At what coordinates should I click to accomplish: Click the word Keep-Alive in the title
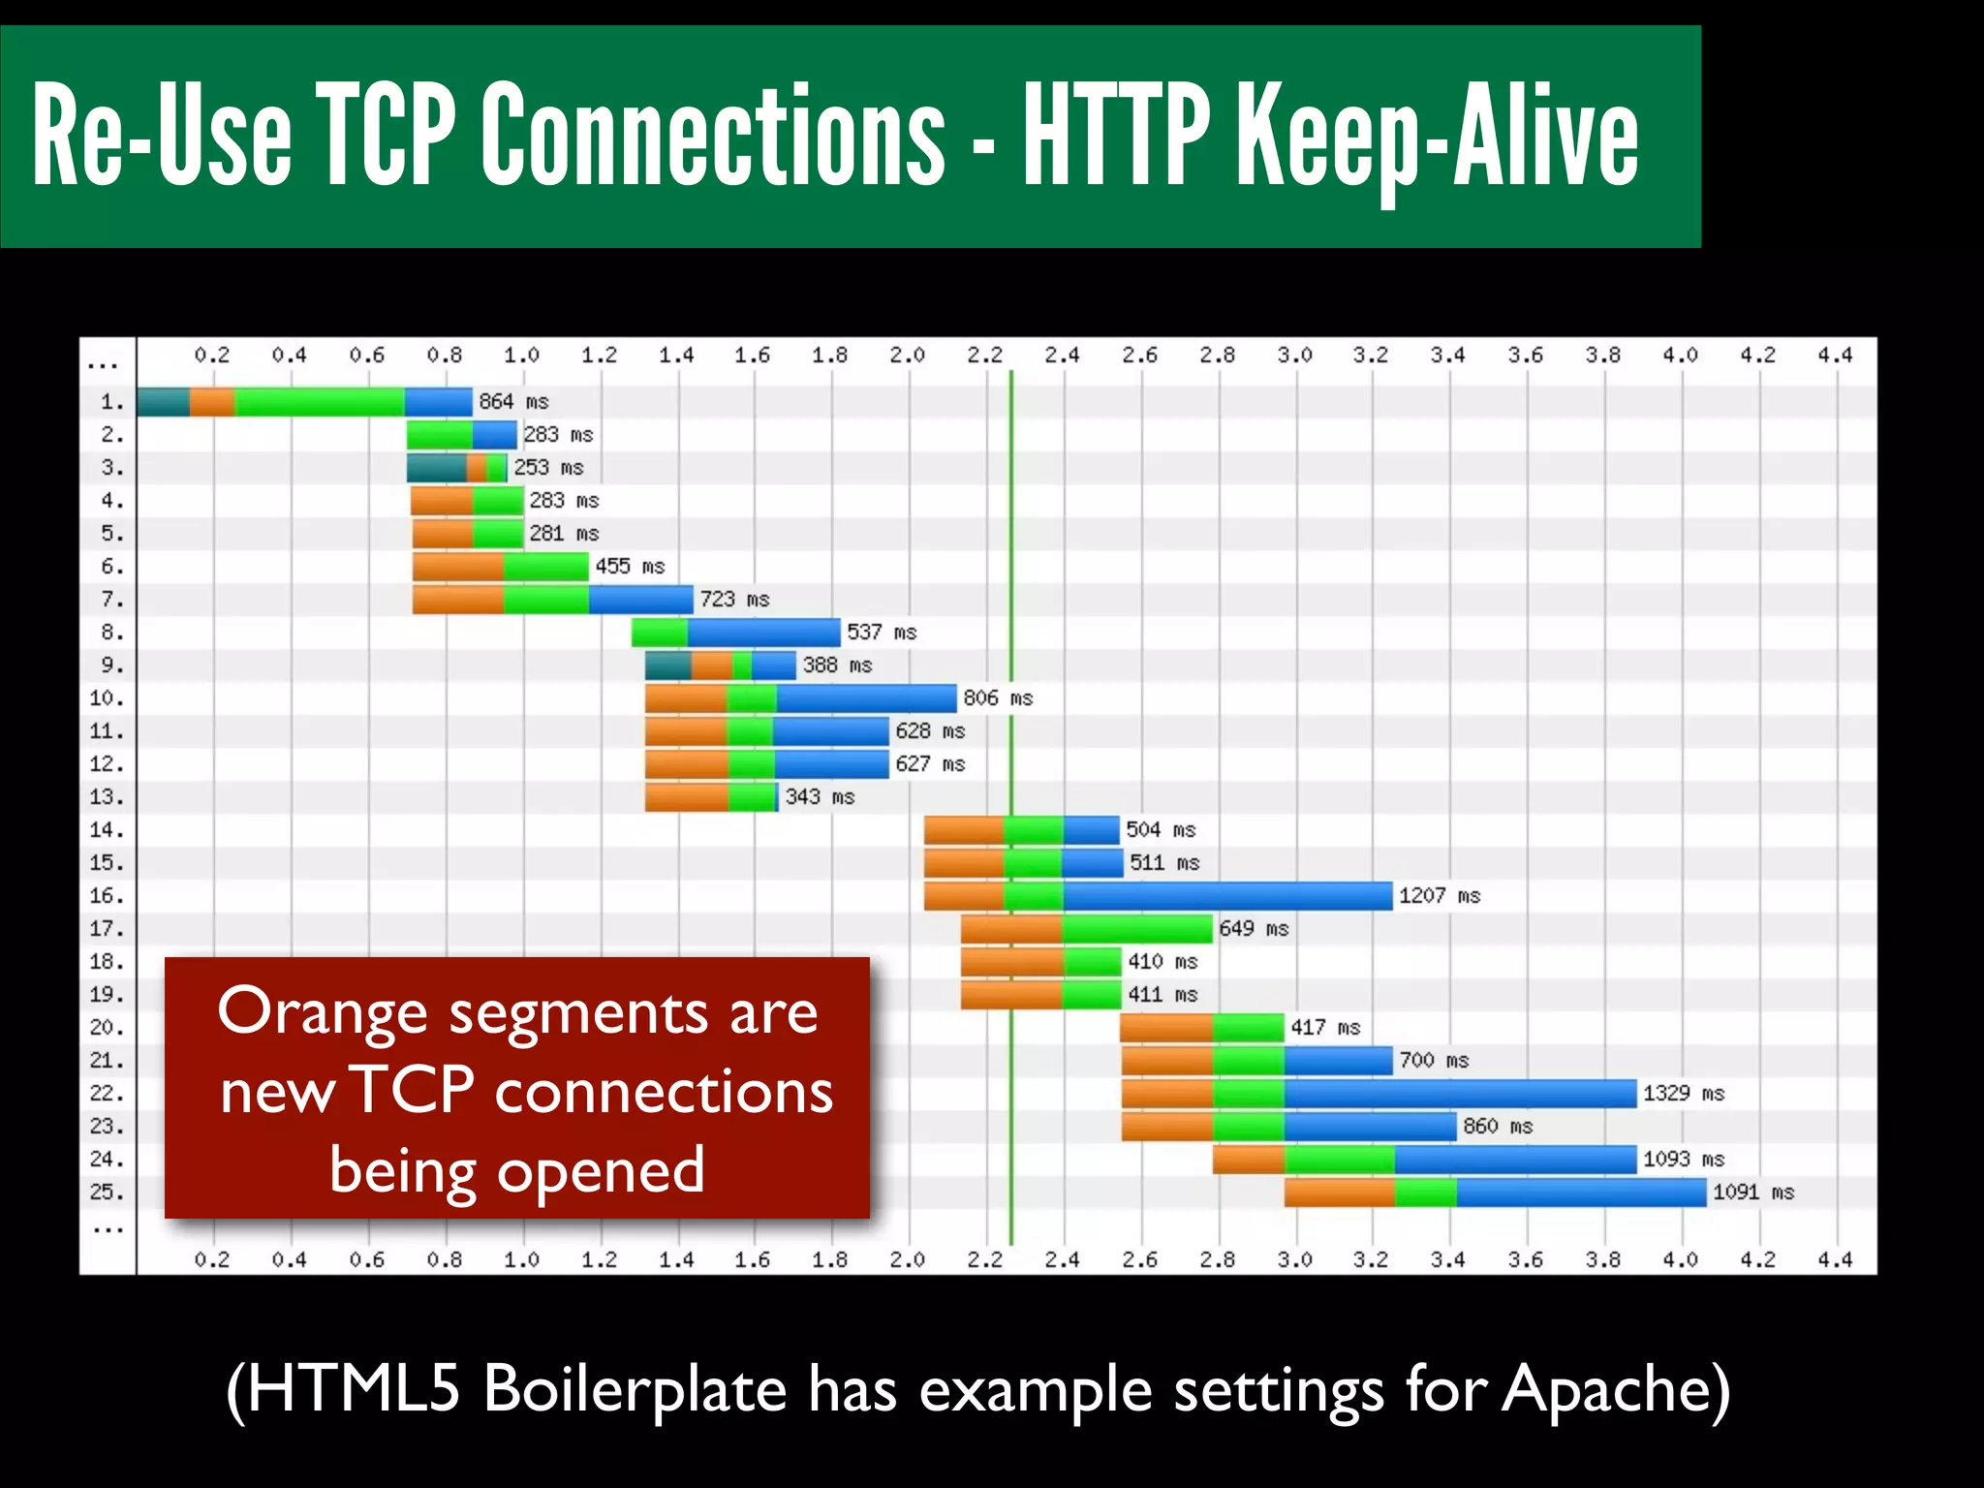coord(1439,136)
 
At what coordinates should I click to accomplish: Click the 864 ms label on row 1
coord(513,401)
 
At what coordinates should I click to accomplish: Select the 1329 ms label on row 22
coord(1684,1093)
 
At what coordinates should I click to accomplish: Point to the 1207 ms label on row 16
coord(1440,895)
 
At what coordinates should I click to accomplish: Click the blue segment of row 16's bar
coord(1227,895)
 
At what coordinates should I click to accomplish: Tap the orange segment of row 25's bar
coord(1339,1192)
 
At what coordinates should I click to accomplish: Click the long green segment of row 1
coord(320,401)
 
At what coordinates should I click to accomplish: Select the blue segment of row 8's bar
coord(763,632)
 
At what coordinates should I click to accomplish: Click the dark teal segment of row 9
coord(668,665)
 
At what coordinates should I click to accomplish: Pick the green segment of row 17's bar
coord(1137,928)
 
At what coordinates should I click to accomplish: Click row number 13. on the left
coord(107,796)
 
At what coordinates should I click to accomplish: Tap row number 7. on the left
coord(112,599)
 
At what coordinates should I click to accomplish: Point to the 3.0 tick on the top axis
coord(1294,355)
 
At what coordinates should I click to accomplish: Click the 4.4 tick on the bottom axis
coord(1835,1259)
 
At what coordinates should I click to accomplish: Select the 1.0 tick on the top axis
coord(521,355)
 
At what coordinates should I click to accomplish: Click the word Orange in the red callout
coord(322,1012)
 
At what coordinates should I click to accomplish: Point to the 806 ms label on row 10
coord(998,697)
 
